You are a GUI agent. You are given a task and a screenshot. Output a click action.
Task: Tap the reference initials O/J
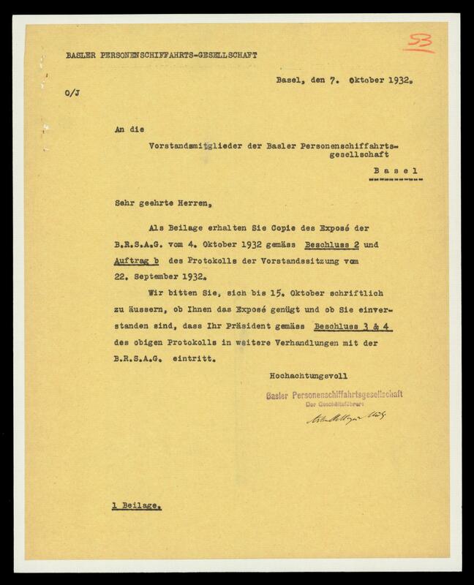click(x=71, y=93)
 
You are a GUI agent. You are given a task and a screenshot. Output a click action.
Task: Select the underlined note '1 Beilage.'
click(x=137, y=505)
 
